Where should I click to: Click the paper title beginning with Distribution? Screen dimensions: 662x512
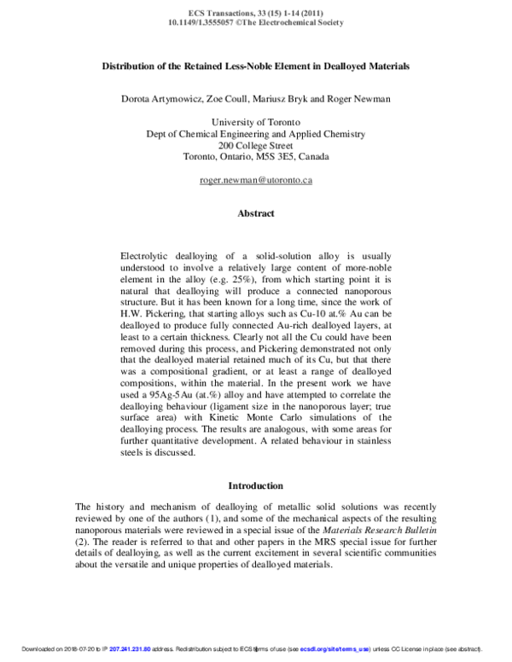click(x=256, y=65)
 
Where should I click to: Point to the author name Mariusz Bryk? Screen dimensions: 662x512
click(x=283, y=99)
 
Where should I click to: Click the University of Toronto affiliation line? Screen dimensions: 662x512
click(x=256, y=123)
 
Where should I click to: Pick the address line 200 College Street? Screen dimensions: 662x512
click(x=256, y=145)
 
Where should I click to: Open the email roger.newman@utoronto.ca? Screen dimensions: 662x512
click(x=256, y=180)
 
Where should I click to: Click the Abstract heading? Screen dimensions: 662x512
click(x=256, y=214)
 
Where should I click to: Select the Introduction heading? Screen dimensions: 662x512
click(x=256, y=485)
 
